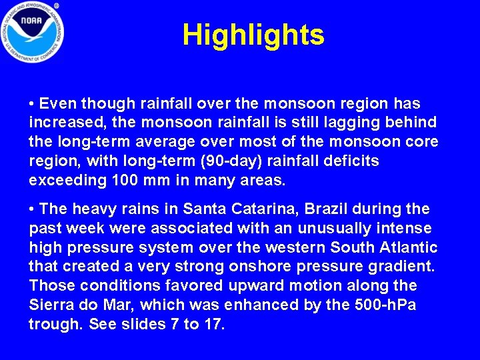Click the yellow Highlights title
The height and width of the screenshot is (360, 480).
tap(253, 35)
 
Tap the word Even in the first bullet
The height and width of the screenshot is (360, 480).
tap(57, 105)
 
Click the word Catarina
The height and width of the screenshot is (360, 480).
tap(261, 209)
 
